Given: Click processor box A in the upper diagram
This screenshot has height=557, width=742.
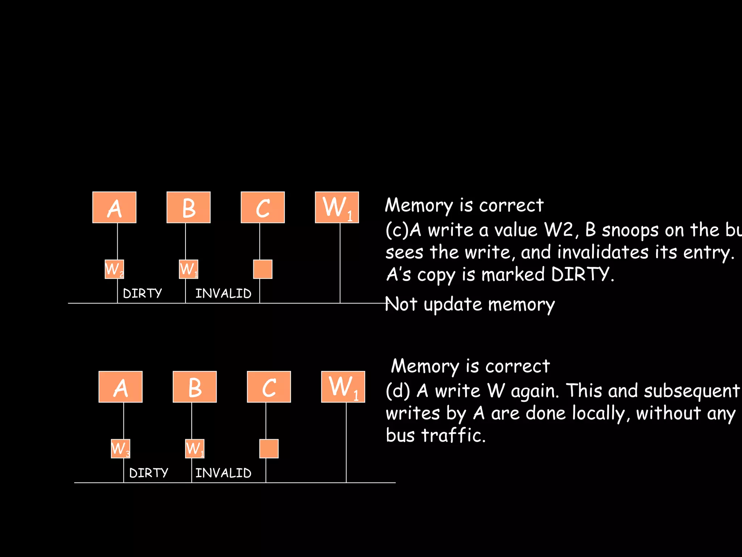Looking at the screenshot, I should [x=114, y=207].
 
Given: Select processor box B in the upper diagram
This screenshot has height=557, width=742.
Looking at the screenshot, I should [x=188, y=207].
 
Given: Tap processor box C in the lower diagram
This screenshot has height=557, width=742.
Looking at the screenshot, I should [x=269, y=387].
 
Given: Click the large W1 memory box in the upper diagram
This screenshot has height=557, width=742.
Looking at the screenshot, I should [x=337, y=207].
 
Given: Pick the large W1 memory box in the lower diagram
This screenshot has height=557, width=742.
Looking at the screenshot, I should [x=343, y=387].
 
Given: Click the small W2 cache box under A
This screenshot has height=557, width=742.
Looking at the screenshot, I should [x=114, y=269].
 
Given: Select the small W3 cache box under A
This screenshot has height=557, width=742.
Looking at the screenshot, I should [x=120, y=449].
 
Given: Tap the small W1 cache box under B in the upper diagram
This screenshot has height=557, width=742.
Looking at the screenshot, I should [x=188, y=269].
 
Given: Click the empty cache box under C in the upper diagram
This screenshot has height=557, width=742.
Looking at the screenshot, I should [x=263, y=269].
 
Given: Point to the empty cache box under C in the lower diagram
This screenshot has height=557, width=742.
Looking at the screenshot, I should [x=269, y=449].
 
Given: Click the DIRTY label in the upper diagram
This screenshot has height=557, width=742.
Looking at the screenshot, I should [x=142, y=293].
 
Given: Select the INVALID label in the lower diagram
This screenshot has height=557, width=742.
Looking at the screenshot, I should [x=223, y=473].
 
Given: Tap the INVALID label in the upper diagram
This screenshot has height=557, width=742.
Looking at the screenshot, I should [x=223, y=293].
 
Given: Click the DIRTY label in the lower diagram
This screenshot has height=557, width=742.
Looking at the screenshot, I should [x=149, y=473].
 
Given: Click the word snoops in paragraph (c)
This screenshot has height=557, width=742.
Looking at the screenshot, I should [x=630, y=230].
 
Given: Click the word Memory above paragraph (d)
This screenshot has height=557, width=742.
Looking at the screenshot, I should [x=425, y=366].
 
